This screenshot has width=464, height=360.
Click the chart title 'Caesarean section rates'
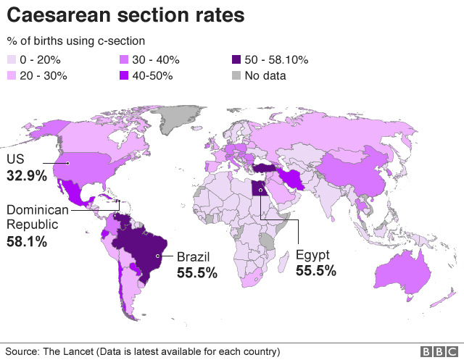(x=125, y=14)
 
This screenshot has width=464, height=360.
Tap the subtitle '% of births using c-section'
(x=76, y=41)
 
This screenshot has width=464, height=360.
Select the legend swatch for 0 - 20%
(x=12, y=59)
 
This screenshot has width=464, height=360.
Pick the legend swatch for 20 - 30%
(x=12, y=75)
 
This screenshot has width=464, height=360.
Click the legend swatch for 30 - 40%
(x=124, y=59)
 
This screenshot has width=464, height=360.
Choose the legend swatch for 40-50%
(x=124, y=75)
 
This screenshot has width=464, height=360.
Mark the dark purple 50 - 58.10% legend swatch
(x=236, y=59)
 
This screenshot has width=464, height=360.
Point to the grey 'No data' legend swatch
(x=236, y=75)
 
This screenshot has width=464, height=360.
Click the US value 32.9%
(x=27, y=176)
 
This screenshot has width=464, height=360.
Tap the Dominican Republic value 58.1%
(x=27, y=241)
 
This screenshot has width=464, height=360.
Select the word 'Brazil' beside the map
(x=194, y=257)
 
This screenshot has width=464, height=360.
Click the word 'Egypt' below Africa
(x=312, y=256)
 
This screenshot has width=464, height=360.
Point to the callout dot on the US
(x=67, y=163)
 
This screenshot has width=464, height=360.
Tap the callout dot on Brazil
(x=158, y=256)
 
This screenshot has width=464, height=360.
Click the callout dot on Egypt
(x=260, y=190)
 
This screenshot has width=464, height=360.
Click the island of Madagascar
(x=283, y=262)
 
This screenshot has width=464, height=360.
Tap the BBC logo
(x=439, y=352)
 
